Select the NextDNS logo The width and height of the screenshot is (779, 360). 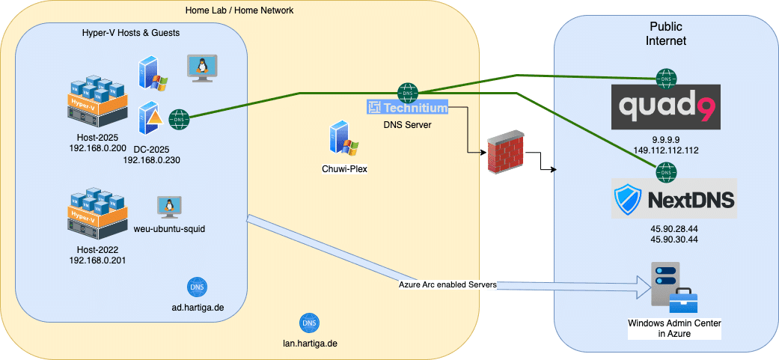pos(673,198)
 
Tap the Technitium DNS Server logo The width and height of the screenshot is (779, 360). pos(407,108)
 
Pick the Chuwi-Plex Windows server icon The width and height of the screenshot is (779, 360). pos(343,140)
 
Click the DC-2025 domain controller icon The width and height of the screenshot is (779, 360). pos(152,118)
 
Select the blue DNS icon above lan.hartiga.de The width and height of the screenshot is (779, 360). pos(308,323)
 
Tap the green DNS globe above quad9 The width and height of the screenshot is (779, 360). pos(665,77)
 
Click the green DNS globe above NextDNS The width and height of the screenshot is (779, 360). pos(665,172)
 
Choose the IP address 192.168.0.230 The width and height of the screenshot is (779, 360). pos(152,160)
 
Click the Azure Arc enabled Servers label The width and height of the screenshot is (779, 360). pos(447,284)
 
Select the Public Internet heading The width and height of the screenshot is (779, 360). pos(666,33)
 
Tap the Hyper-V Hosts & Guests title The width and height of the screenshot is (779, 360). pos(131,33)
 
